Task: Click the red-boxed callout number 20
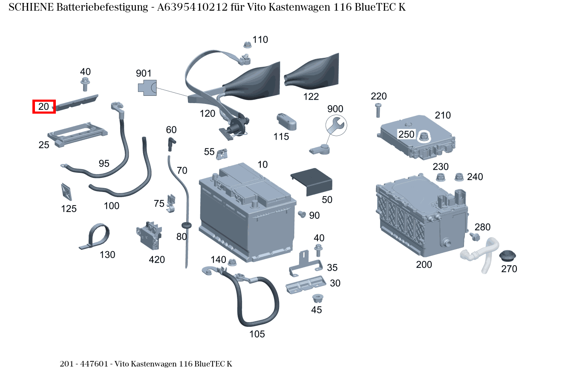44,106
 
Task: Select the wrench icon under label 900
336,125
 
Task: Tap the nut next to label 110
247,44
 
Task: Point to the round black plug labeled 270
507,257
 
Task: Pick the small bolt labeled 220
378,110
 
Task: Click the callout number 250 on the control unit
406,135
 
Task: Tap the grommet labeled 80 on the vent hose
186,224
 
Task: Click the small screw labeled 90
302,213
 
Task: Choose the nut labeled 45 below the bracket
317,298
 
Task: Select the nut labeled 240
459,177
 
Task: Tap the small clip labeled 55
222,154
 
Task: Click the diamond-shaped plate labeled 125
67,192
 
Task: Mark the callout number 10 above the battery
262,164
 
